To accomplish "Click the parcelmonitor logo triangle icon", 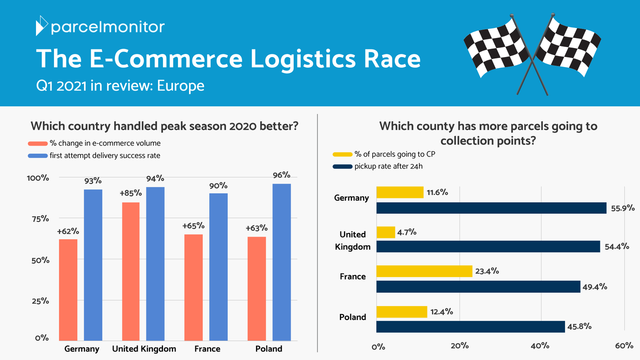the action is tap(41, 25).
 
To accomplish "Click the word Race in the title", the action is tap(392, 58).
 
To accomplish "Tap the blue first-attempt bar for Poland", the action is tap(281, 262).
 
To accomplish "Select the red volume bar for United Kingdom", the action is tap(131, 271).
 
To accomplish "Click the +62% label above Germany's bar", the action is tap(68, 231).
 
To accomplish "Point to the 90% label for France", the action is tap(218, 185).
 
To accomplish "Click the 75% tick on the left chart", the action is tap(40, 219).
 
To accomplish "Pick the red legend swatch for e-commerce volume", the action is tap(37, 143).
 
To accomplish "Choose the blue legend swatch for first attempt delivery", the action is tap(37, 155).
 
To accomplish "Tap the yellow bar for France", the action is tap(424, 271).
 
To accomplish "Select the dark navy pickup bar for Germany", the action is tap(491, 208).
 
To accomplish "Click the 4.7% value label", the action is tap(406, 232).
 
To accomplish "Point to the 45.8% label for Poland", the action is tap(579, 326).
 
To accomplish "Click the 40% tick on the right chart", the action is tap(540, 345).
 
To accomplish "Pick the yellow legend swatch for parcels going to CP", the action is tap(342, 154).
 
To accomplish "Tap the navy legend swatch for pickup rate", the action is tap(342, 166).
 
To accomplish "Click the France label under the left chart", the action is tap(207, 349).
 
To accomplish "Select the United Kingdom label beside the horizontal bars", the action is tap(352, 240).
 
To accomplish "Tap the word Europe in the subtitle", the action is tap(180, 85).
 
